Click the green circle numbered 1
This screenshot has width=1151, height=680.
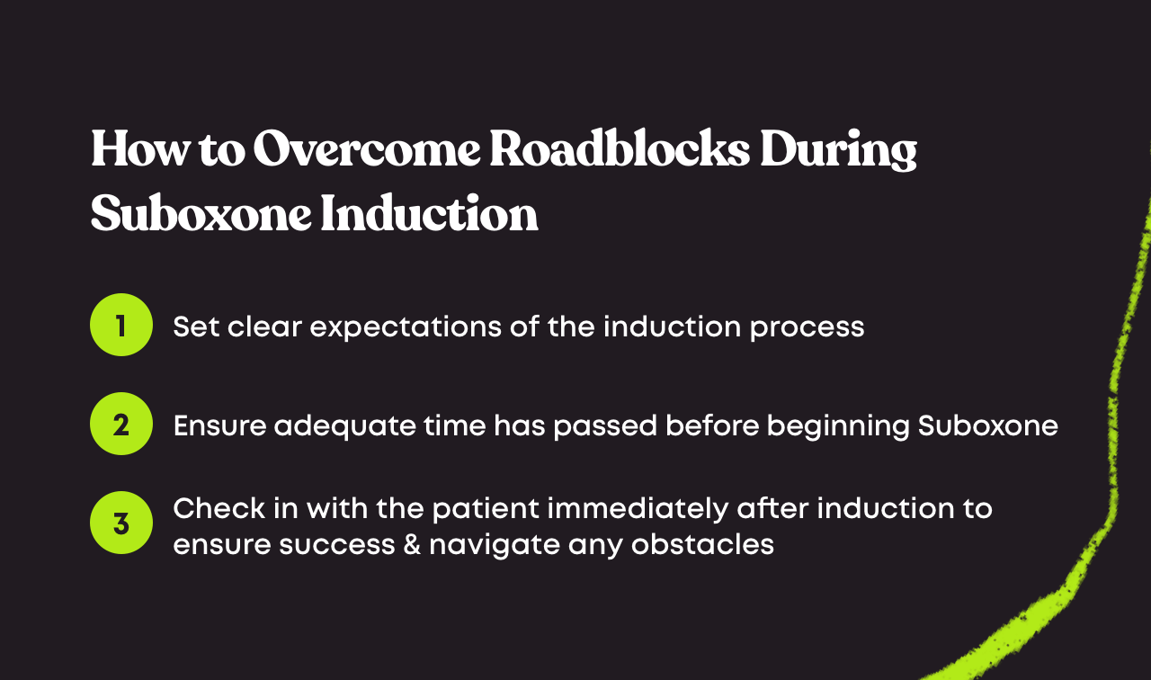click(121, 325)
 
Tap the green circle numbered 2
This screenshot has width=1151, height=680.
click(121, 424)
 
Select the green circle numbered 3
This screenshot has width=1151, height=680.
click(121, 523)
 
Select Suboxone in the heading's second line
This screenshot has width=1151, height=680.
click(199, 215)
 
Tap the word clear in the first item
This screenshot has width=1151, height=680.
click(263, 326)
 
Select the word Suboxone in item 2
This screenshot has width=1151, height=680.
click(987, 425)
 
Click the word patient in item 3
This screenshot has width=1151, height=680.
click(487, 509)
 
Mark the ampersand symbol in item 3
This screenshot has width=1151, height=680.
click(411, 544)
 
